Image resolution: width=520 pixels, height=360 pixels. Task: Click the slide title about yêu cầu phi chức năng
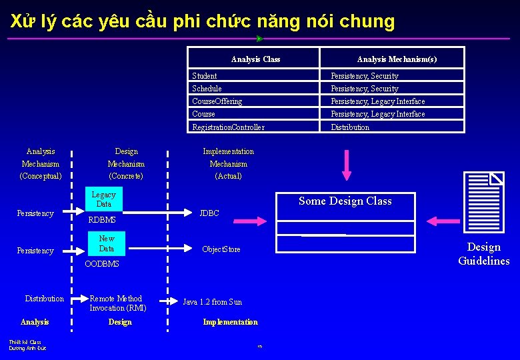[203, 21]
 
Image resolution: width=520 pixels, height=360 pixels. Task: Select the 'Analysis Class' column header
[255, 59]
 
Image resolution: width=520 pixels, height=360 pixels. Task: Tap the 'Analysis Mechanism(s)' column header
[397, 59]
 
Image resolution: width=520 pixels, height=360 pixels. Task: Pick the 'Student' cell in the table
[205, 76]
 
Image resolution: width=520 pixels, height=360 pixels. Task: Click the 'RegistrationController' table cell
[228, 127]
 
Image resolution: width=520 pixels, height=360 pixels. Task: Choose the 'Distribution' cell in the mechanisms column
[350, 127]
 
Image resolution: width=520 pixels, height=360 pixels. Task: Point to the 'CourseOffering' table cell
[217, 101]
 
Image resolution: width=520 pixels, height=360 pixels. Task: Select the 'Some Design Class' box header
[345, 201]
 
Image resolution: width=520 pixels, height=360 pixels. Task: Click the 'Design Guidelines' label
[483, 254]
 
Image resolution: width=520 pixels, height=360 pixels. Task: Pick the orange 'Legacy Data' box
[103, 199]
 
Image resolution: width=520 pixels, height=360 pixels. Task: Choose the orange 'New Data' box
[107, 244]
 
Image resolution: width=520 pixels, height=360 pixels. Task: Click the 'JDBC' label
[209, 214]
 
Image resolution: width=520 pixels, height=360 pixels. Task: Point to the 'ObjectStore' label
[221, 249]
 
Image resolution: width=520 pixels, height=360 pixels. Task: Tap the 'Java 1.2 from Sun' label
[213, 302]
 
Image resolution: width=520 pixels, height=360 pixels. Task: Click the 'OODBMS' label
[102, 264]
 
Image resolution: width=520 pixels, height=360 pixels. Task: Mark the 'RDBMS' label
[102, 220]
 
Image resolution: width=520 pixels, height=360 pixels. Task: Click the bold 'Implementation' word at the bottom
[230, 322]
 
